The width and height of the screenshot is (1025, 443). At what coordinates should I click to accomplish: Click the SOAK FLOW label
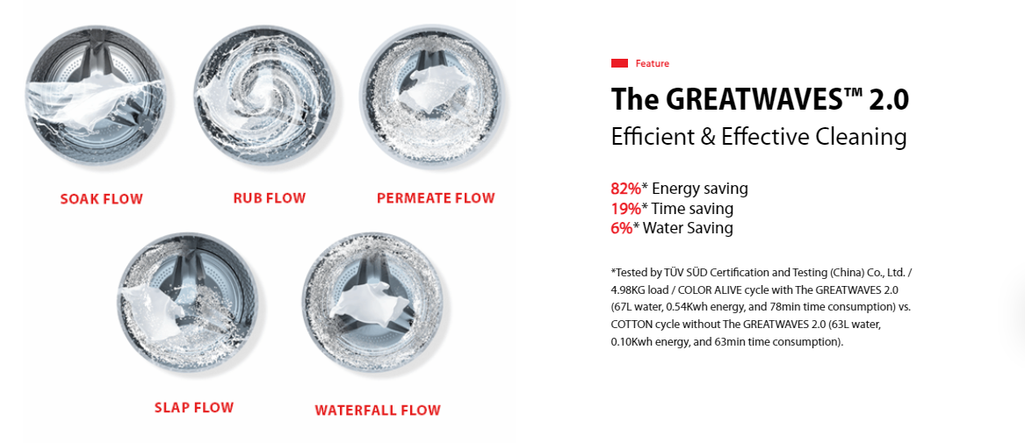click(101, 199)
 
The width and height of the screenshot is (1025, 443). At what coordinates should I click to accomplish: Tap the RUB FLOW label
click(270, 197)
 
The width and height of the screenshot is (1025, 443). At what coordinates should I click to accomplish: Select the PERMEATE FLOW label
click(436, 197)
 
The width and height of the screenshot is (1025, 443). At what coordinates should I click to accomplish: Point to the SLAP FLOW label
click(194, 408)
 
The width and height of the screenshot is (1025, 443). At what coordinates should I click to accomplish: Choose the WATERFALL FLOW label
click(378, 411)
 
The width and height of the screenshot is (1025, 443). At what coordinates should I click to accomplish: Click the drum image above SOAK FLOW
click(96, 96)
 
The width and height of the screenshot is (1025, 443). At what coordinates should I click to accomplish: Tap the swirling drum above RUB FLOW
click(264, 96)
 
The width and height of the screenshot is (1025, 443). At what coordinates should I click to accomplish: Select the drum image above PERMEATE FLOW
click(431, 96)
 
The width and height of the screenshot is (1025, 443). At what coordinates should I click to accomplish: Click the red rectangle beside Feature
click(620, 63)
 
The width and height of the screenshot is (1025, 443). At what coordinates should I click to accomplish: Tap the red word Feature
click(653, 63)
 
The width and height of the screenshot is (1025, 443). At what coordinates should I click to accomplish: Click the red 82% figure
click(625, 189)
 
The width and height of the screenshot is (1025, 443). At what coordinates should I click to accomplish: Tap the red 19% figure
click(625, 209)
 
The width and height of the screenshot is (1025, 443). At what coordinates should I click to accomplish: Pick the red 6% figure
click(622, 228)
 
